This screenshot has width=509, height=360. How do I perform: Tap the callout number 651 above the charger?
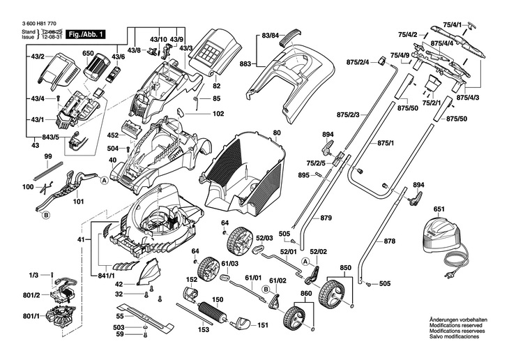[x=439, y=209]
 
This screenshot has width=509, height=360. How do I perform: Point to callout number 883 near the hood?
[x=245, y=63]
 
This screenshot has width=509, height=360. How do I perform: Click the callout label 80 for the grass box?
[x=277, y=133]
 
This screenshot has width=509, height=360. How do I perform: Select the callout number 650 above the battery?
[x=88, y=53]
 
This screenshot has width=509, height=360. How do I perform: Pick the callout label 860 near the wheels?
[x=306, y=294]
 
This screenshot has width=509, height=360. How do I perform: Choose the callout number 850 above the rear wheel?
[x=346, y=267]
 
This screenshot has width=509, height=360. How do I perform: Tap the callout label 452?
[x=112, y=136]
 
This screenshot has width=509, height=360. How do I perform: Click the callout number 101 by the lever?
[x=78, y=202]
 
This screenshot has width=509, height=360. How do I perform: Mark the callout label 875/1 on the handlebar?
[x=386, y=142]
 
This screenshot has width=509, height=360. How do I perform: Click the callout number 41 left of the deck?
[x=81, y=240]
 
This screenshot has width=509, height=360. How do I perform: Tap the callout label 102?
[x=218, y=113]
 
